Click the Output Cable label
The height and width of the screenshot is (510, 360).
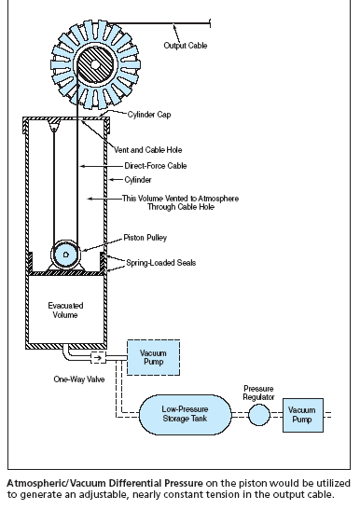186,45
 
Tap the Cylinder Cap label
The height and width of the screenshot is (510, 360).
149,115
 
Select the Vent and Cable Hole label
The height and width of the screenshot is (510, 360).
147,150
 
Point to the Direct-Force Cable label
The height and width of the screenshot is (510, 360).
156,166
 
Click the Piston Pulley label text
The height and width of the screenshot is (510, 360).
145,238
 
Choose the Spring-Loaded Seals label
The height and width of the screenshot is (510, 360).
161,263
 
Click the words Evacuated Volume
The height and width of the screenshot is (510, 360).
65,310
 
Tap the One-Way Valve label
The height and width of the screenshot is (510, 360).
79,379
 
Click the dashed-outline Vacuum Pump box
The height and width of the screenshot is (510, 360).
153,357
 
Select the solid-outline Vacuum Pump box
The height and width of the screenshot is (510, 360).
303,415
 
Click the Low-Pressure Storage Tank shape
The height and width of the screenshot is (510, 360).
186,414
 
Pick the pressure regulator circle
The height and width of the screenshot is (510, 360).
259,415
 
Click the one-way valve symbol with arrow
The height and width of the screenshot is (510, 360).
98,358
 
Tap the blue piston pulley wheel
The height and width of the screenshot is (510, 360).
65,255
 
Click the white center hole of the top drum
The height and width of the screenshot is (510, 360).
95,64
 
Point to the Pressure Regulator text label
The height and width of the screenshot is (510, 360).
258,393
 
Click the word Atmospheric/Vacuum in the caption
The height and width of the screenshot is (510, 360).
56,483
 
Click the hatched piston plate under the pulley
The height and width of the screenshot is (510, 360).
66,273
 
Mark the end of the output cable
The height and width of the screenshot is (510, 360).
210,23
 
